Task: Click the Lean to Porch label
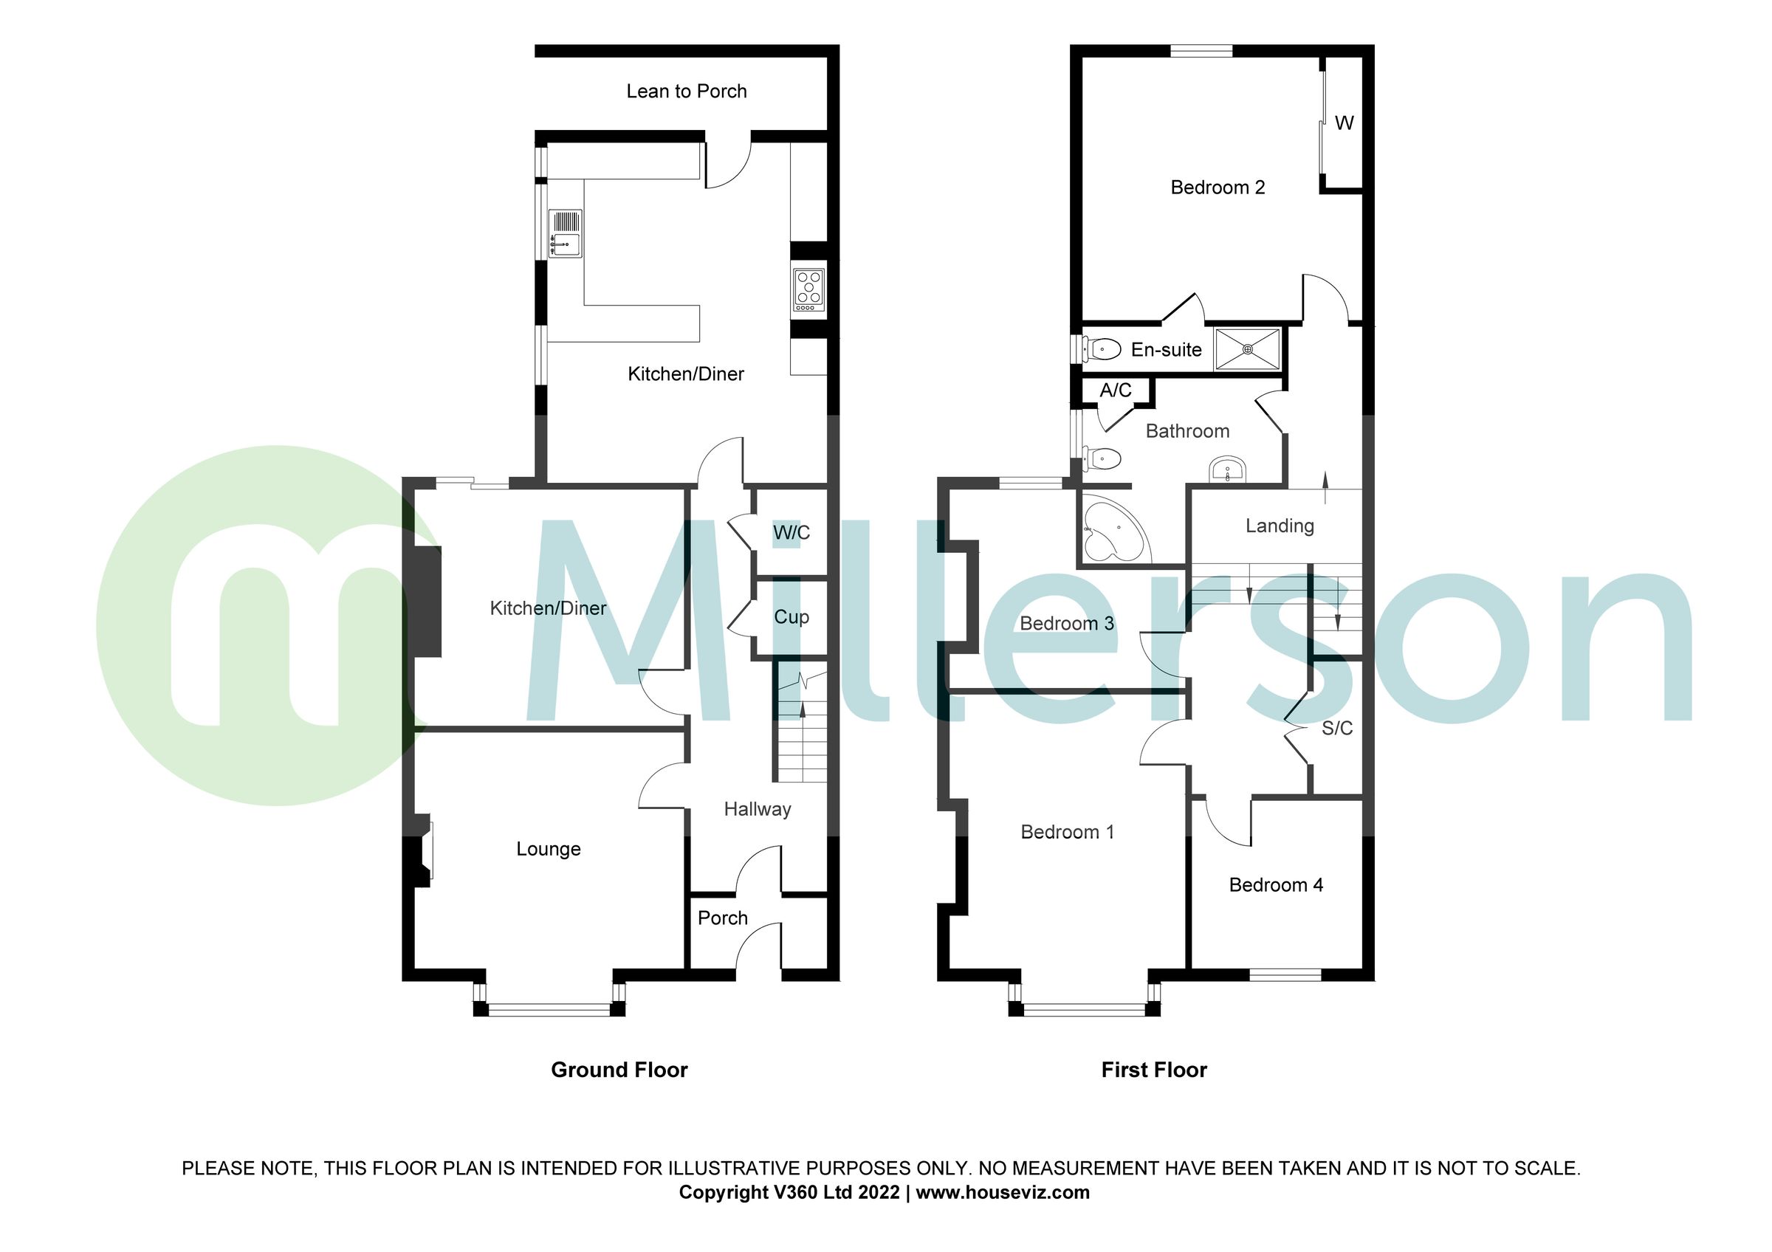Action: [686, 91]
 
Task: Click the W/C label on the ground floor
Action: [791, 532]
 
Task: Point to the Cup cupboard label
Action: [791, 617]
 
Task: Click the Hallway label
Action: [757, 809]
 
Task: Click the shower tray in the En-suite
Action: [1247, 349]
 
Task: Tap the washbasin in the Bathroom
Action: [1226, 469]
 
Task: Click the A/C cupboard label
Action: [1115, 391]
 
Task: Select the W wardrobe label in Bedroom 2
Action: [1344, 123]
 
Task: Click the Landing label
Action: [1279, 526]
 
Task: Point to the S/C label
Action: [1336, 728]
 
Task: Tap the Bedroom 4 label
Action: [1276, 885]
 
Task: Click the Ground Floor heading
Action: [619, 1070]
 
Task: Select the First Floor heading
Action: [1153, 1070]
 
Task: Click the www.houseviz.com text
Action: [1002, 1193]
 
